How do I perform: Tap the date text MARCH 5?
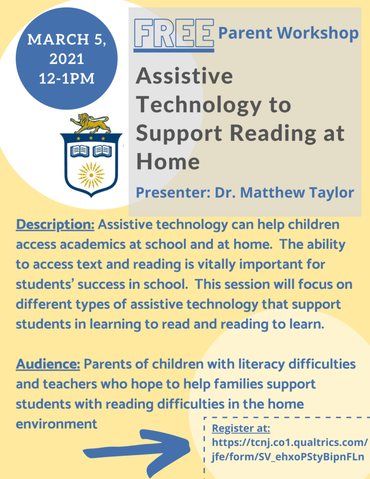[67, 39]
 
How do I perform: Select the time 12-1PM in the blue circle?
[66, 79]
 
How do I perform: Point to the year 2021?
[66, 59]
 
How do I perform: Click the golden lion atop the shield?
[91, 123]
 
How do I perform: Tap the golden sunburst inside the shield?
[91, 175]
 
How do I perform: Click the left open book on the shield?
[80, 151]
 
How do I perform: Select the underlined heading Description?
[55, 225]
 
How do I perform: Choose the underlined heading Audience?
[48, 364]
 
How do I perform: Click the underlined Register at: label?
[241, 428]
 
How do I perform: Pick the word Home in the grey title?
[168, 161]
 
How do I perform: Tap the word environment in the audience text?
[57, 424]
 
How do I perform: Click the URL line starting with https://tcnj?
[290, 443]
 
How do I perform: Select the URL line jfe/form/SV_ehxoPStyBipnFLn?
[288, 457]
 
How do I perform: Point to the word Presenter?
[173, 193]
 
